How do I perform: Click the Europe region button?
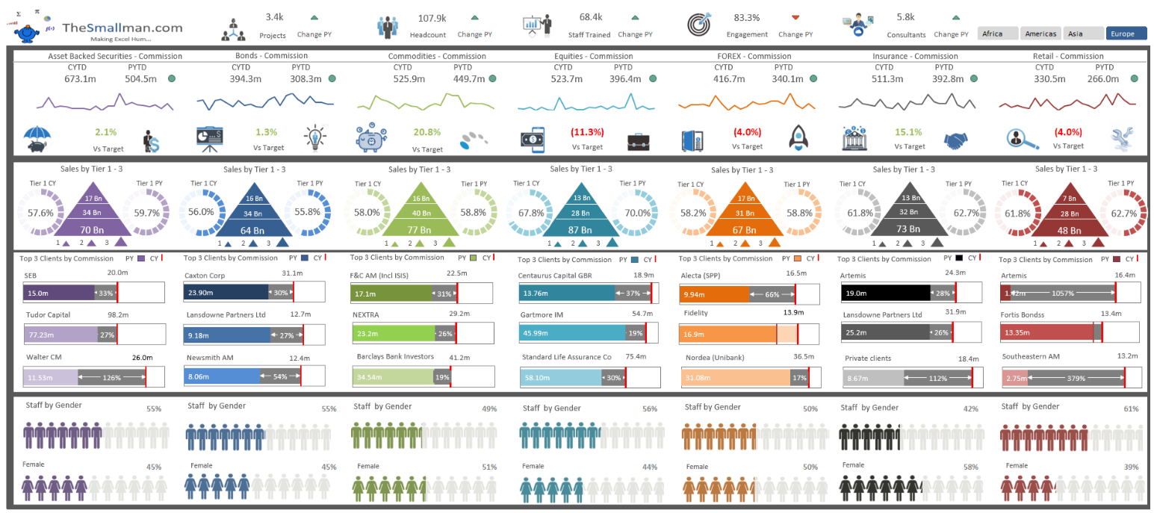[1126, 34]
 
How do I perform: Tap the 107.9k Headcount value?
[432, 18]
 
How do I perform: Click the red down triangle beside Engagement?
[795, 17]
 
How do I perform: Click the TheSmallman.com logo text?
[122, 27]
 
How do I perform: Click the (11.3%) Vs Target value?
[587, 132]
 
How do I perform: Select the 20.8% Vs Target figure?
[426, 132]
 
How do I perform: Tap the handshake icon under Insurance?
[959, 140]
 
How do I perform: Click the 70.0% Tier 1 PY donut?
[637, 213]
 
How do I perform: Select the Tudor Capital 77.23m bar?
[61, 335]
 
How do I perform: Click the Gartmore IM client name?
[543, 314]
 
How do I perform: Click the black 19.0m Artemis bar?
[886, 293]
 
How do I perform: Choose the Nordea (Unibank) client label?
[713, 357]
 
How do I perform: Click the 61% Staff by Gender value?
[1131, 408]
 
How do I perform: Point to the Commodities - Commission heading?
[437, 56]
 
